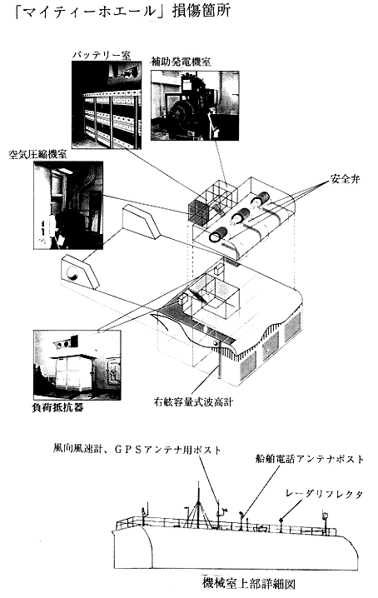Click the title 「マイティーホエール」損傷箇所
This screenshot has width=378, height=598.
[122, 11]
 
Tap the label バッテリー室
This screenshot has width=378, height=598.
[102, 56]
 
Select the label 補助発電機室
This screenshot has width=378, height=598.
[181, 62]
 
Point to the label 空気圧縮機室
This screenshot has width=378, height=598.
[37, 154]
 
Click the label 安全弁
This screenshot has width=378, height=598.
[346, 179]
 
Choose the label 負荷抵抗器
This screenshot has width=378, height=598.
[57, 408]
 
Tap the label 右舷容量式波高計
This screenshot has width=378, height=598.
[193, 402]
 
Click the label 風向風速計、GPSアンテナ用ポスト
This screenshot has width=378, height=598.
[137, 450]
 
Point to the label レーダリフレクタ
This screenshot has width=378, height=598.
[324, 494]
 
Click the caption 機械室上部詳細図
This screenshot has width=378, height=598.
[248, 583]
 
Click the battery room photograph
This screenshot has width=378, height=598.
[107, 105]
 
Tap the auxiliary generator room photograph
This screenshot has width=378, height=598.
[195, 106]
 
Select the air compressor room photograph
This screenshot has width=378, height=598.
[68, 205]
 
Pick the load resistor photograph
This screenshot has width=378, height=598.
[77, 365]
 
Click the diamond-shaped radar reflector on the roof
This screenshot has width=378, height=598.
[281, 519]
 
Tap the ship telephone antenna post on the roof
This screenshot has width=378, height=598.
[241, 521]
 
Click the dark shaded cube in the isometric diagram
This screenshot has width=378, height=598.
[198, 212]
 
